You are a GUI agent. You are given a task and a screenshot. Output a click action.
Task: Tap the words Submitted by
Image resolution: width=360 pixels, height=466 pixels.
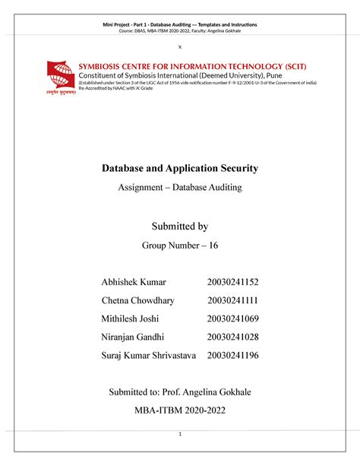180,226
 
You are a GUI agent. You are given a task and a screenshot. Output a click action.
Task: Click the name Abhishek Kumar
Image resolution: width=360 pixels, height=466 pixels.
132,283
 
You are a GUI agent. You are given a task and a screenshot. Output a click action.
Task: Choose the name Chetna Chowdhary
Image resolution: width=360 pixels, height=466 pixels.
141,300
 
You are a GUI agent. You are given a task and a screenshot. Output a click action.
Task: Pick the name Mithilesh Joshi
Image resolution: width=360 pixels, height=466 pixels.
131,318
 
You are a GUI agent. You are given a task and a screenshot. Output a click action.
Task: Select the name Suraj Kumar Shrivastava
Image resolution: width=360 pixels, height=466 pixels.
149,354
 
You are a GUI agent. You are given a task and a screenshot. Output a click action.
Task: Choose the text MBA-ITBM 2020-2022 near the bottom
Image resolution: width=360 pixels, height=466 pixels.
180,411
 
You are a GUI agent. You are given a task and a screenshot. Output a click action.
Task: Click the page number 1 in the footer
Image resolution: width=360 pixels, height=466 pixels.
180,434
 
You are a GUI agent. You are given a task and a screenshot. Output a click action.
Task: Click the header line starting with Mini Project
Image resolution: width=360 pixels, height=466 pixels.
180,26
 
